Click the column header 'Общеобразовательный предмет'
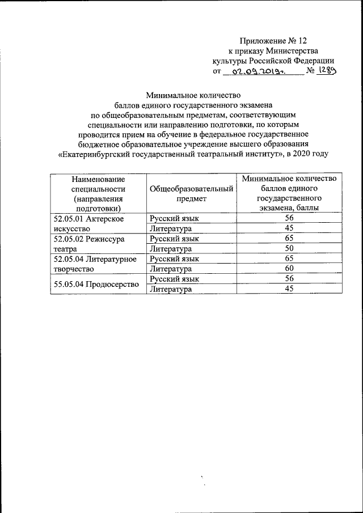[x=192, y=193]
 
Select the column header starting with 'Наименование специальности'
[x=95, y=193]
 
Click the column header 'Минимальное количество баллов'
[x=289, y=193]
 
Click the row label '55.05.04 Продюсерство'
[x=96, y=284]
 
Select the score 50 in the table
[x=289, y=249]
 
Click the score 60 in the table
[x=289, y=269]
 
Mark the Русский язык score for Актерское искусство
[x=289, y=218]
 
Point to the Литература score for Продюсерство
[x=289, y=289]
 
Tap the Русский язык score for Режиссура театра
[x=289, y=239]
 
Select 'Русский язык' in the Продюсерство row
[x=174, y=279]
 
